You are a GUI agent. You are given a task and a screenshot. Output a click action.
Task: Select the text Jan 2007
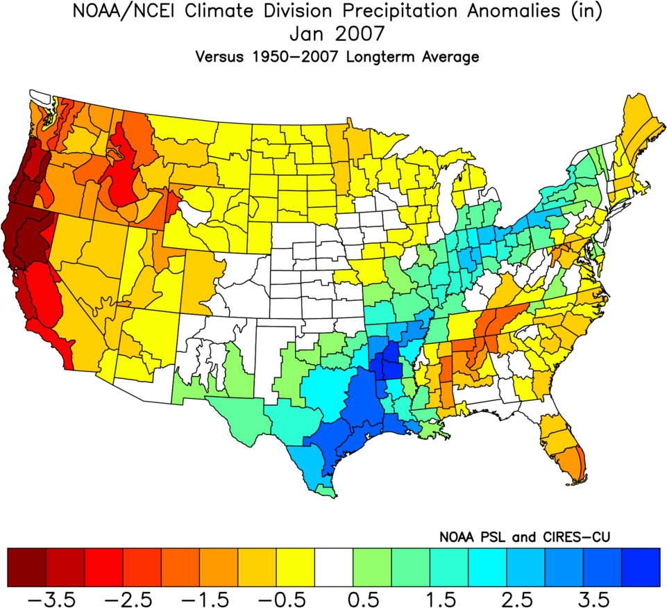pyautogui.click(x=333, y=35)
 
